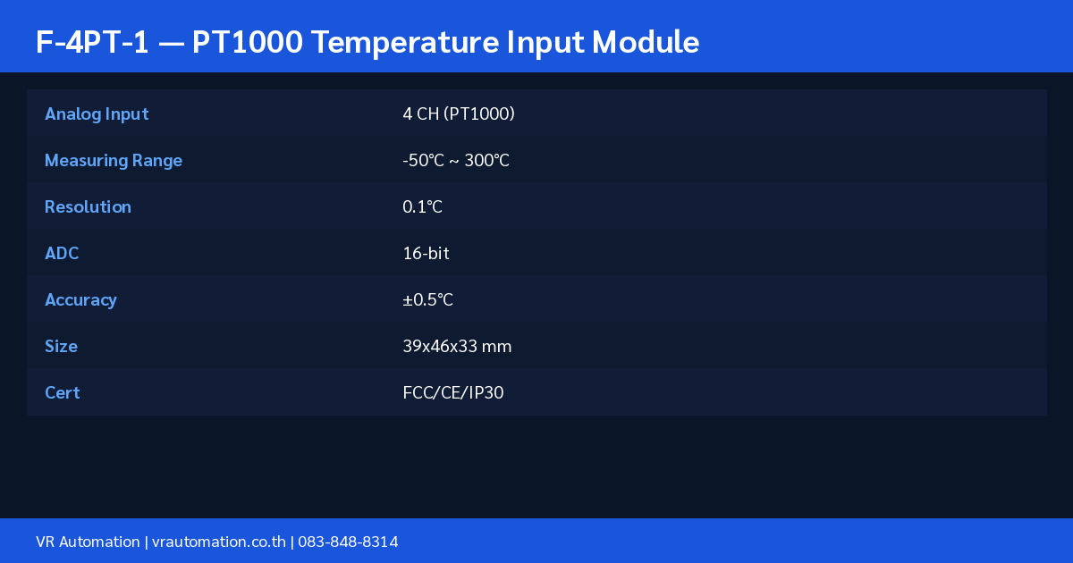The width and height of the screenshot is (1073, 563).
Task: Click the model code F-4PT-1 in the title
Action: (92, 42)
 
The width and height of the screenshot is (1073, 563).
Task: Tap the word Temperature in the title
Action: (405, 43)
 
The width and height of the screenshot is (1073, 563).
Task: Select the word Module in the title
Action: (646, 42)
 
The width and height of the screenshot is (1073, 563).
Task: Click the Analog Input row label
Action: (97, 114)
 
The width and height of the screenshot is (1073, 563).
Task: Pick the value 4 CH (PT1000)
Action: (459, 114)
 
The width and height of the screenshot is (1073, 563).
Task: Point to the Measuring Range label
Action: (113, 161)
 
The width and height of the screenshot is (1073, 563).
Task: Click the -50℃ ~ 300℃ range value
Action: (455, 160)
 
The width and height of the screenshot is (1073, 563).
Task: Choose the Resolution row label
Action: (88, 206)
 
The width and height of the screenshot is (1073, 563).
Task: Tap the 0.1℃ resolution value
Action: (422, 206)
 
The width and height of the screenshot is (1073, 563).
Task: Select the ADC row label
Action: (62, 253)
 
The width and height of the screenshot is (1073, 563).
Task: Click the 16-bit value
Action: (426, 253)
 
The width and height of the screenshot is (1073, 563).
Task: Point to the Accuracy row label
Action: (80, 300)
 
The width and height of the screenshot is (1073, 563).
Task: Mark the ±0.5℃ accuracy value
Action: (427, 299)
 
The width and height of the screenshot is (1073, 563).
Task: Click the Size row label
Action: (61, 346)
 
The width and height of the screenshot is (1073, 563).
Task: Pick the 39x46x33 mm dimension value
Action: (457, 346)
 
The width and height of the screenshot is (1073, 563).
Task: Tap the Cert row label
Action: (62, 392)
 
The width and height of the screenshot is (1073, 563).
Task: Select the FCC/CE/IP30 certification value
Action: (452, 392)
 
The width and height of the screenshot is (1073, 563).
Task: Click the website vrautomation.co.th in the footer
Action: (219, 542)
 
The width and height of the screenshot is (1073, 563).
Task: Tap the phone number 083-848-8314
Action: (348, 542)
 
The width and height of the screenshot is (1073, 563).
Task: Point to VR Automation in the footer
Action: (88, 542)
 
